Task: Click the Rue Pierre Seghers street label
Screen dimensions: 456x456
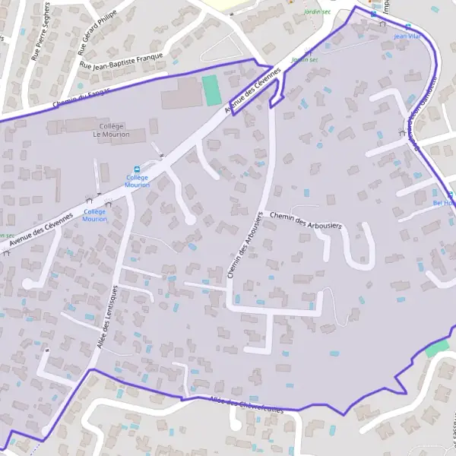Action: tap(43, 35)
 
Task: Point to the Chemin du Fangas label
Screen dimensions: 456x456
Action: tap(81, 97)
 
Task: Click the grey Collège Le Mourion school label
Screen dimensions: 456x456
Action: tap(111, 130)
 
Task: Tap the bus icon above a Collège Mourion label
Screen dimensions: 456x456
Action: tap(137, 169)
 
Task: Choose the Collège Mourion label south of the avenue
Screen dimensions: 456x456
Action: tap(95, 215)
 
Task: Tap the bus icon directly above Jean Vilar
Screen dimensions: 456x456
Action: tap(409, 25)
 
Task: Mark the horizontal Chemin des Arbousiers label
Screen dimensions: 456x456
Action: tap(306, 220)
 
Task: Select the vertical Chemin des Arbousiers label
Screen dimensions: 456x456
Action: tap(244, 245)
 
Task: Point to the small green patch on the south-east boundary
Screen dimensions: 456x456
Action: tap(437, 349)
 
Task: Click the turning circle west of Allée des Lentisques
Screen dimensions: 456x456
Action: tap(29, 283)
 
